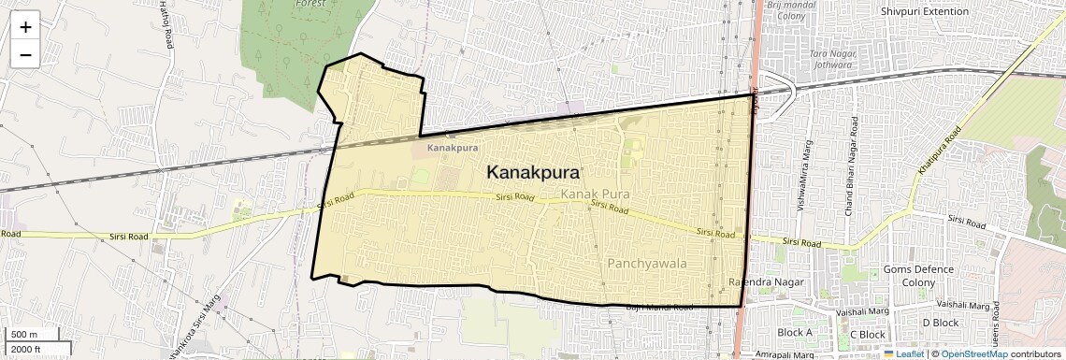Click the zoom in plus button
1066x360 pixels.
point(25,26)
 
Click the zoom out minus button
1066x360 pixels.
point(25,54)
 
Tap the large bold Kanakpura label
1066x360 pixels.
point(533,173)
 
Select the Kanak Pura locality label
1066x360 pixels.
point(595,194)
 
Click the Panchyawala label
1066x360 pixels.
point(647,264)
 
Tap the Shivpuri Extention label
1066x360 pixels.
point(925,11)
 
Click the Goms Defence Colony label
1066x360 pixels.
point(918,276)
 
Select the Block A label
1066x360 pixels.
point(795,333)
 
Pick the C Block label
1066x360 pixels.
point(867,334)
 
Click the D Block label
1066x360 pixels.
point(940,323)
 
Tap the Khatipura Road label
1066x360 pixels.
point(939,151)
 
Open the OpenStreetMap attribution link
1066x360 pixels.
point(973,353)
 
